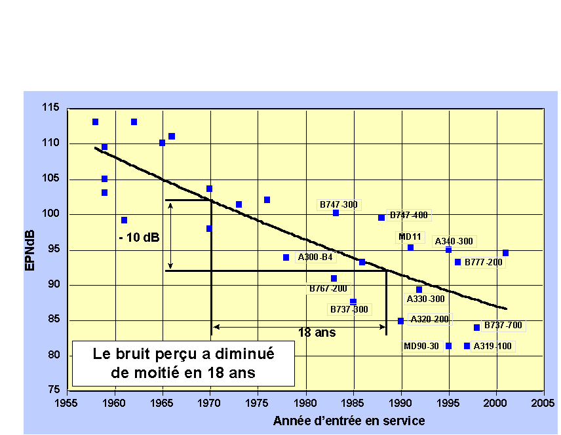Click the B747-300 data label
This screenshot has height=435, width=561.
(339, 204)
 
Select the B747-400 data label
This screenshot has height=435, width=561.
(408, 215)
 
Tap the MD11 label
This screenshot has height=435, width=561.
(411, 236)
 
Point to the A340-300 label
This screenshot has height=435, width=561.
(454, 241)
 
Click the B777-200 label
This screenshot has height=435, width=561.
(484, 263)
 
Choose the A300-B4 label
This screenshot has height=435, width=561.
(316, 257)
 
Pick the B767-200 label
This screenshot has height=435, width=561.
(328, 288)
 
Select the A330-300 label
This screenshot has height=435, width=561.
(425, 299)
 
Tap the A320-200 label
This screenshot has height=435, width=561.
(430, 320)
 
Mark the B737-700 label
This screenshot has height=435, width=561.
(503, 325)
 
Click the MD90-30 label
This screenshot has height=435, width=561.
(421, 346)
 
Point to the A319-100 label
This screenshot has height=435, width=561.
(492, 346)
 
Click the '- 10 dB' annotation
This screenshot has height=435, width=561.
(139, 237)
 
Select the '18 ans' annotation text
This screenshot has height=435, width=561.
(317, 332)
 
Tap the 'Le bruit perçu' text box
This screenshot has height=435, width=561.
(183, 363)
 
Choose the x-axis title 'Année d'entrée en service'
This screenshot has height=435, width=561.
(349, 421)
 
